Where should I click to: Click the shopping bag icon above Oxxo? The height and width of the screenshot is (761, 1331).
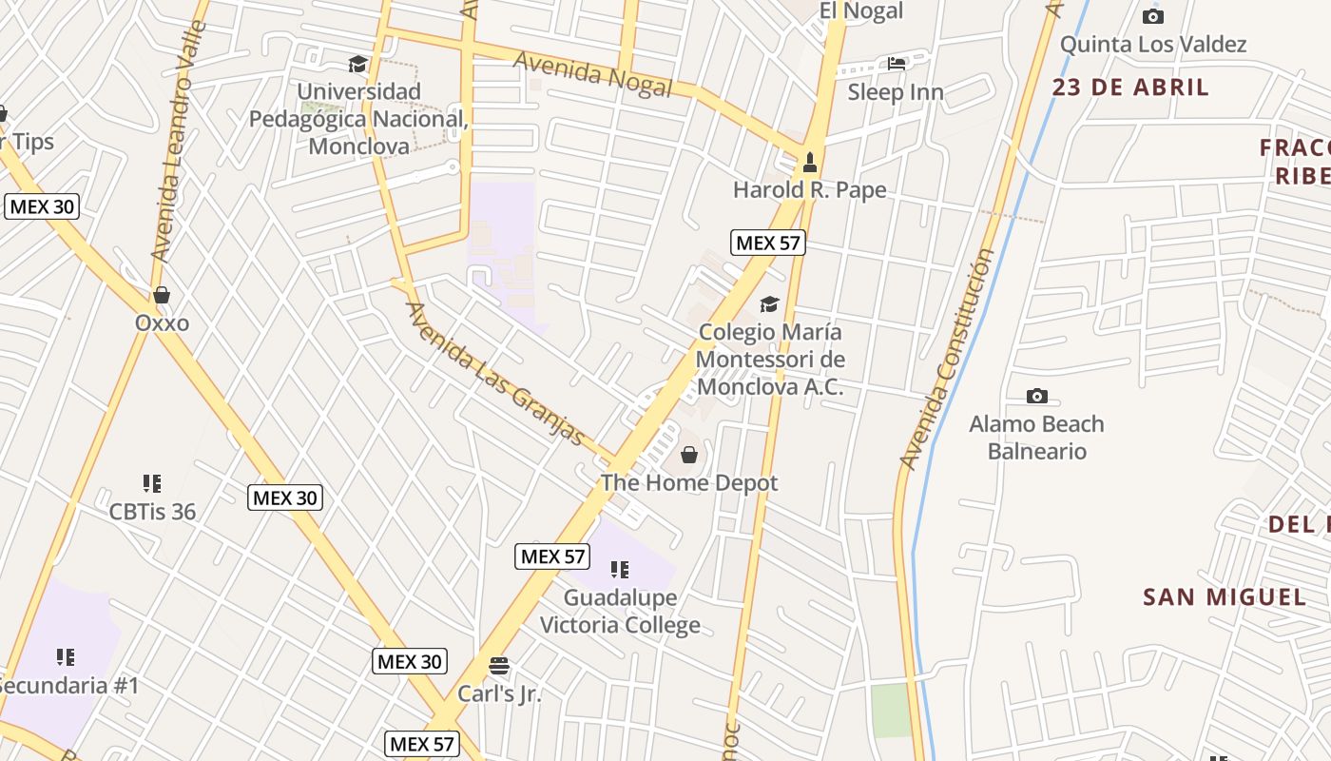coord(162,295)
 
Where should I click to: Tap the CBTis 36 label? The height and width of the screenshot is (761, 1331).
coord(152,512)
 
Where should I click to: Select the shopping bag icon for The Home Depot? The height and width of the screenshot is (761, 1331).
coord(689,456)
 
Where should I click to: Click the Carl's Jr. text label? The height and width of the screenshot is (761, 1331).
coord(499,693)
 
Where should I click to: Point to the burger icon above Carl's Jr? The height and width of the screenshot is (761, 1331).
coord(499,665)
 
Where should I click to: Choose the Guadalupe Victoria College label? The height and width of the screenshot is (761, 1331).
coord(620,612)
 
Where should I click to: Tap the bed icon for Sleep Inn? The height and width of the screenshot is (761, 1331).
coord(897,64)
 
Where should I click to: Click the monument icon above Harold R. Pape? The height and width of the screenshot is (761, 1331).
coord(810,162)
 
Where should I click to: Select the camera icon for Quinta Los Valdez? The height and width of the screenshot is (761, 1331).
coord(1153,16)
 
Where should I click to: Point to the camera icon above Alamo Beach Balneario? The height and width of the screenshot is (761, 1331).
coord(1037,396)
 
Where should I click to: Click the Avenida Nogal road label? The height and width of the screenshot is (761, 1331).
coord(592,73)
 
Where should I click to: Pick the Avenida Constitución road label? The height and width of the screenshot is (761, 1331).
coord(946,360)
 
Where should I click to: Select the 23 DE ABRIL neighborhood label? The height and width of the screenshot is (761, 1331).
coord(1130,88)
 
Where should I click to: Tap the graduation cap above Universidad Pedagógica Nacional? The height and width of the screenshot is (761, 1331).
coord(357,64)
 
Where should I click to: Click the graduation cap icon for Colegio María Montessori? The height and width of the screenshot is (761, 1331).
coord(769,304)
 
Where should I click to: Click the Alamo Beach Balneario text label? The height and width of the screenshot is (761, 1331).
coord(1036,437)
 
